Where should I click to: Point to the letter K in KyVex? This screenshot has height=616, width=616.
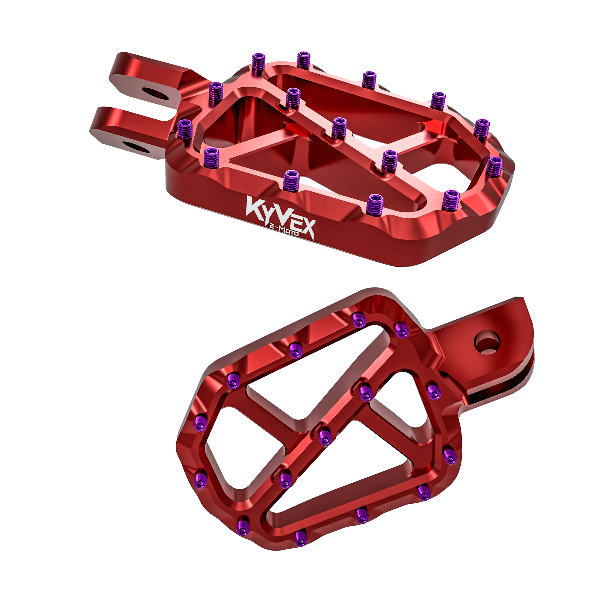[254, 207]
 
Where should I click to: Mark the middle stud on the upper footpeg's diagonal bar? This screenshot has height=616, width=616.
[339, 128]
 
